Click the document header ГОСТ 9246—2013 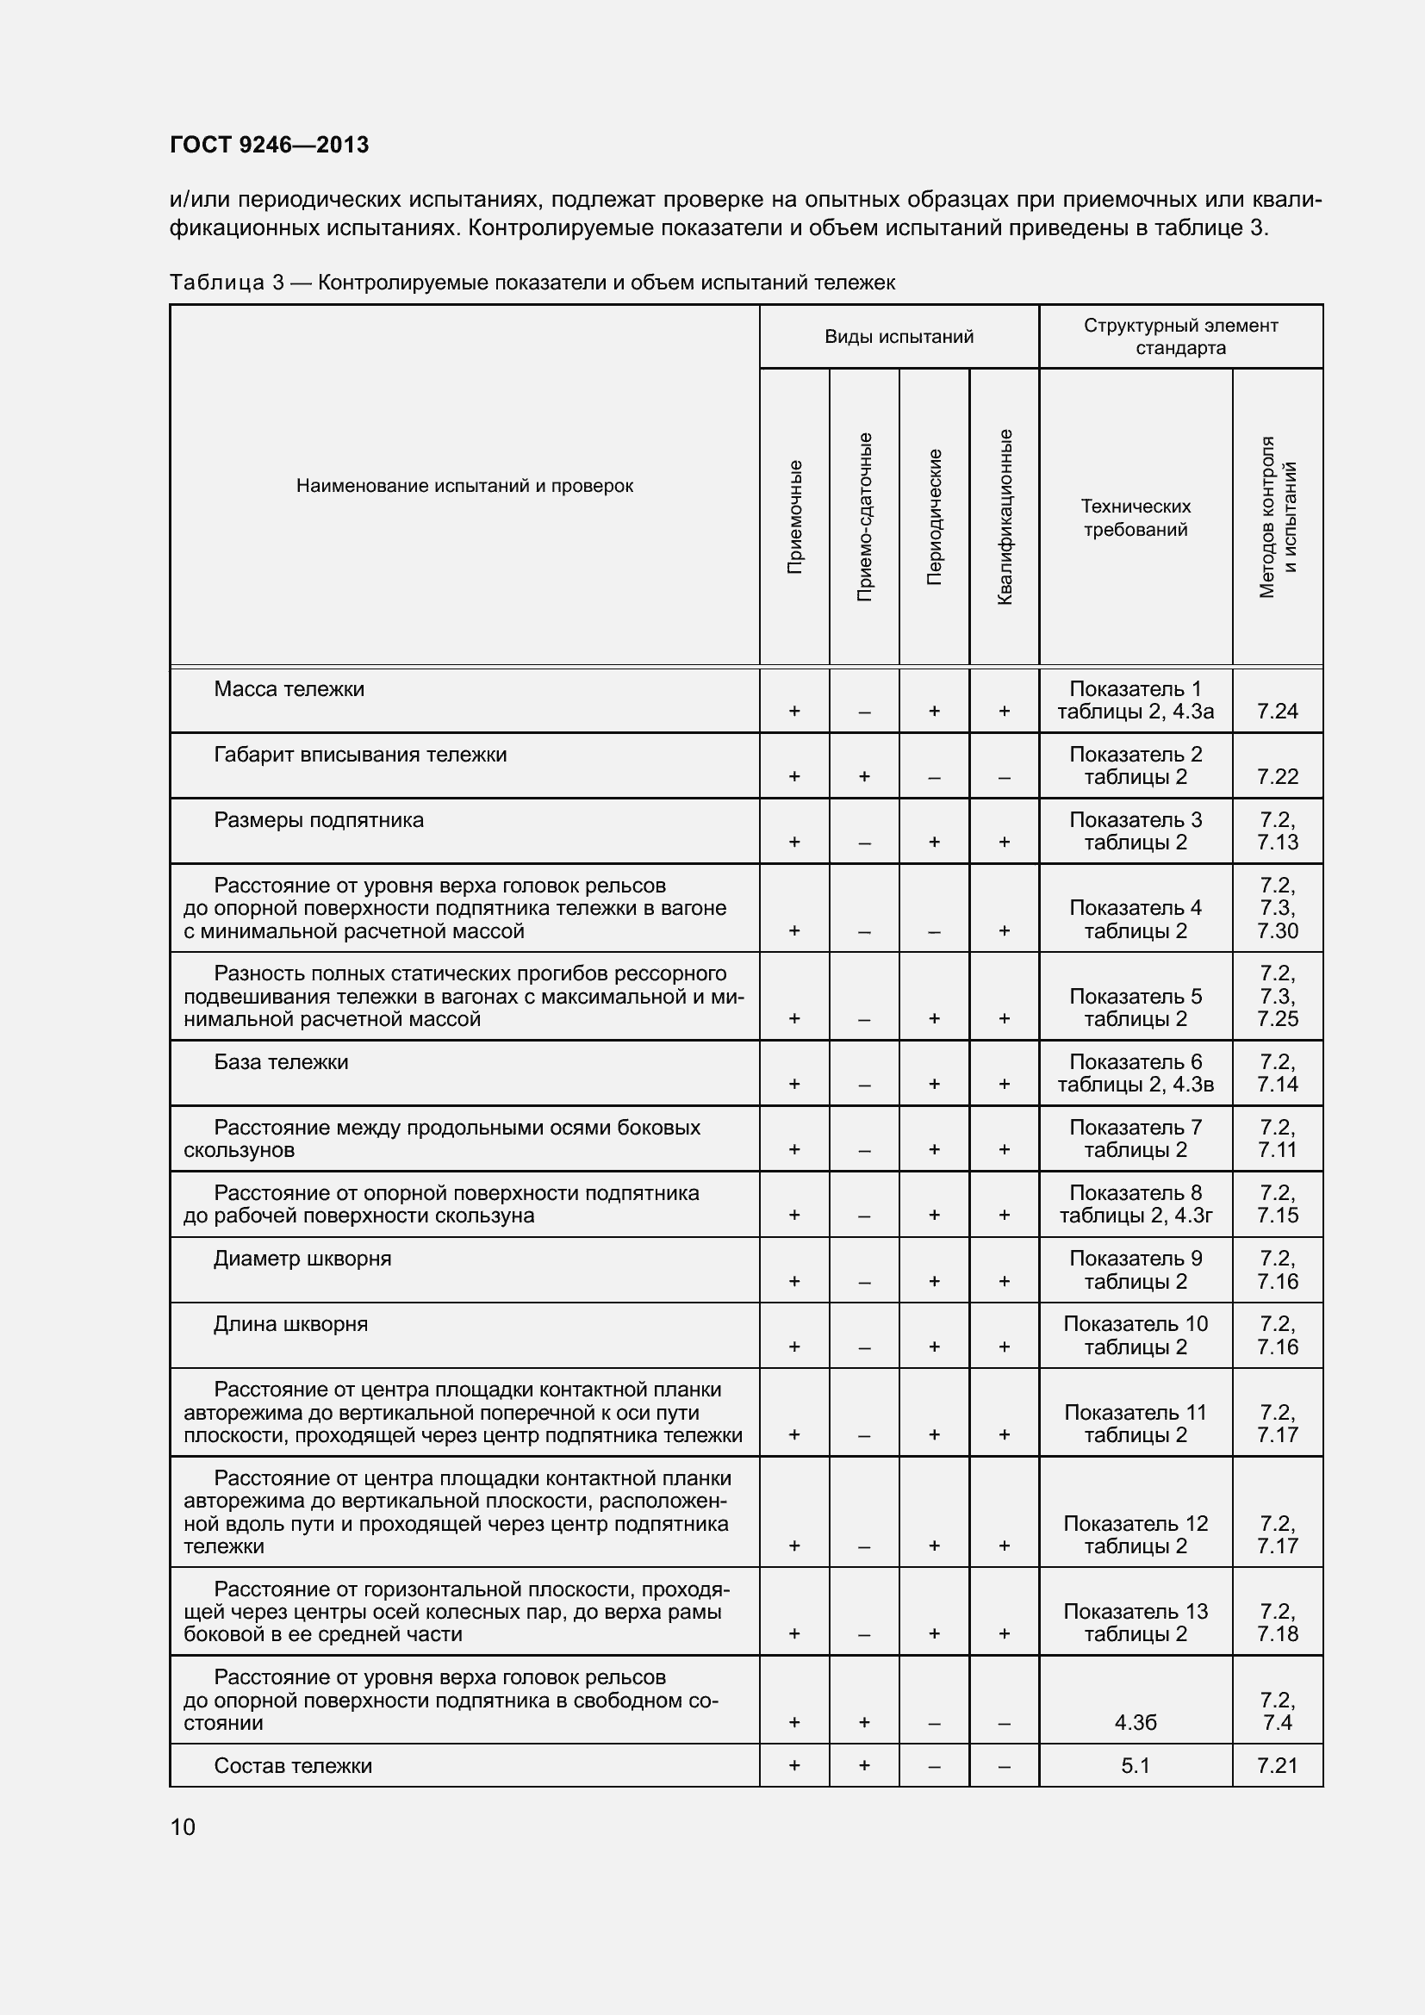[x=269, y=145]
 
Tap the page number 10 [x=183, y=1826]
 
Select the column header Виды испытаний [x=899, y=337]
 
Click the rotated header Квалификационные [x=1005, y=517]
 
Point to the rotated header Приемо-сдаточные [x=864, y=517]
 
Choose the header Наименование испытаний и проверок [x=464, y=486]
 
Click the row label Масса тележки [x=289, y=690]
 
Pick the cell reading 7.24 [x=1277, y=711]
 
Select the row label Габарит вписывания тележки [x=360, y=755]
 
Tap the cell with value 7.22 [x=1277, y=777]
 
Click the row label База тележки [x=281, y=1062]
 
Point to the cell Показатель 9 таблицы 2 [x=1136, y=1270]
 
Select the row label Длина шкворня [x=290, y=1324]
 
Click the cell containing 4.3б [x=1136, y=1723]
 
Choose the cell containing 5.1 [x=1136, y=1766]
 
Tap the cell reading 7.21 [x=1277, y=1766]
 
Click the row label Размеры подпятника [x=319, y=821]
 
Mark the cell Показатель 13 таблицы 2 [x=1136, y=1623]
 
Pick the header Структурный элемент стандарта [x=1180, y=337]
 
